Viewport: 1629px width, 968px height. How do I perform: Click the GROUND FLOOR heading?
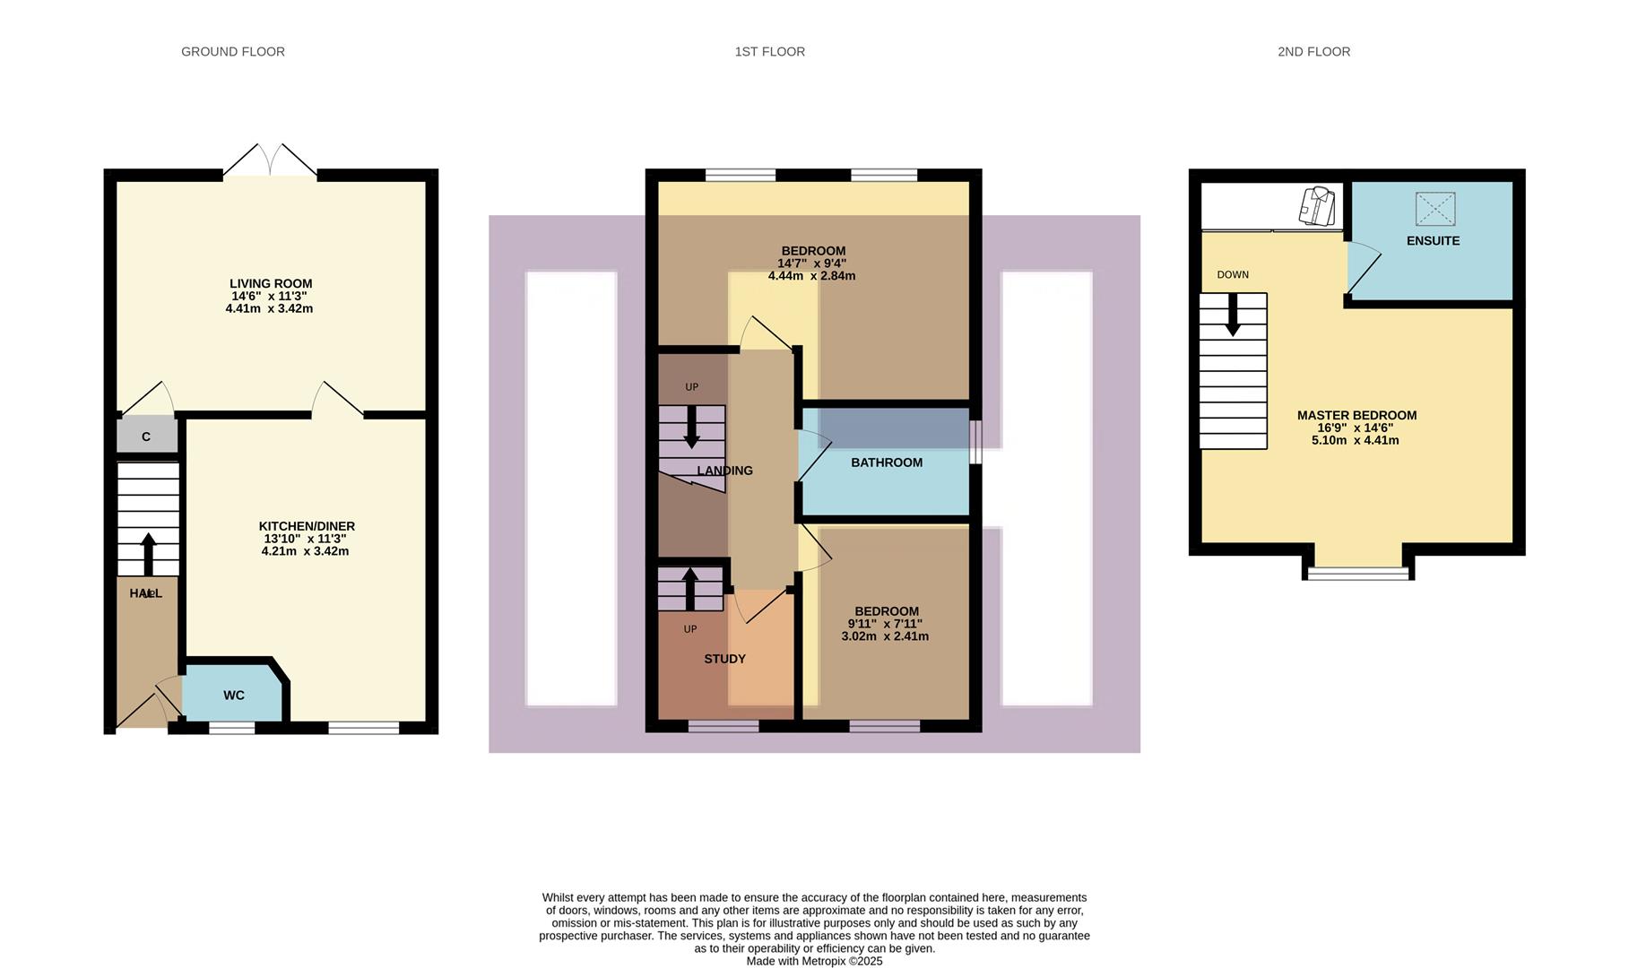[233, 52]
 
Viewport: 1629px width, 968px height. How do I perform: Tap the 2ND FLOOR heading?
[1313, 52]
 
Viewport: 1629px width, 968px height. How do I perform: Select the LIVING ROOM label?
[271, 283]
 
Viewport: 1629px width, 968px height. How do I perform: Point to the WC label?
[234, 696]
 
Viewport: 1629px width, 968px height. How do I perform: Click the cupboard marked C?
[146, 436]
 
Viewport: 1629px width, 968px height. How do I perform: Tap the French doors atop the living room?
[270, 161]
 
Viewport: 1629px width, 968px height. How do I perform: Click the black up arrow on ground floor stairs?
[148, 553]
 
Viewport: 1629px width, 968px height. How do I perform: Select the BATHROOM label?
[886, 462]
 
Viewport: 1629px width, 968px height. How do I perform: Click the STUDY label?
[724, 659]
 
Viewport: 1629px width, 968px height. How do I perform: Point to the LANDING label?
[724, 471]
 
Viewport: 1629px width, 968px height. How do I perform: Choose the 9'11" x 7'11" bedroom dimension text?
[885, 624]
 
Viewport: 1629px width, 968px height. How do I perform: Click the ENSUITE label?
[1433, 241]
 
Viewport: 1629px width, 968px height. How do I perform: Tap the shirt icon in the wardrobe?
[1317, 206]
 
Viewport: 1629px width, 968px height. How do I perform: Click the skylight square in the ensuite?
[1434, 209]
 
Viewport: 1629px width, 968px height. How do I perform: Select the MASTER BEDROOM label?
[1356, 415]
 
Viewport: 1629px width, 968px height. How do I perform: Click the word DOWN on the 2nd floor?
[1233, 275]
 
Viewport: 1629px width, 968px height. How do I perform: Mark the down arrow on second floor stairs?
[1233, 315]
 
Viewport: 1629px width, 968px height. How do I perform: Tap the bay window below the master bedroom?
[1357, 573]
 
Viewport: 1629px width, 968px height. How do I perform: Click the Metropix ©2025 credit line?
[814, 961]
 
